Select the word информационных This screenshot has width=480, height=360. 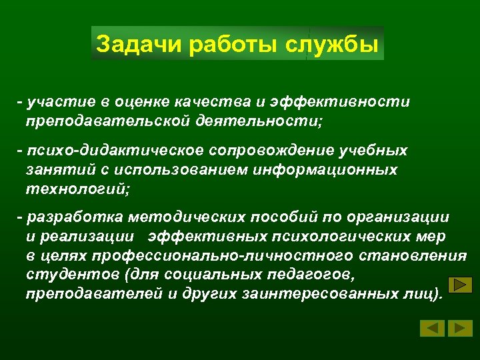click(x=325, y=169)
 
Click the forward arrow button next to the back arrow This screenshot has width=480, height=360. click(x=460, y=328)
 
